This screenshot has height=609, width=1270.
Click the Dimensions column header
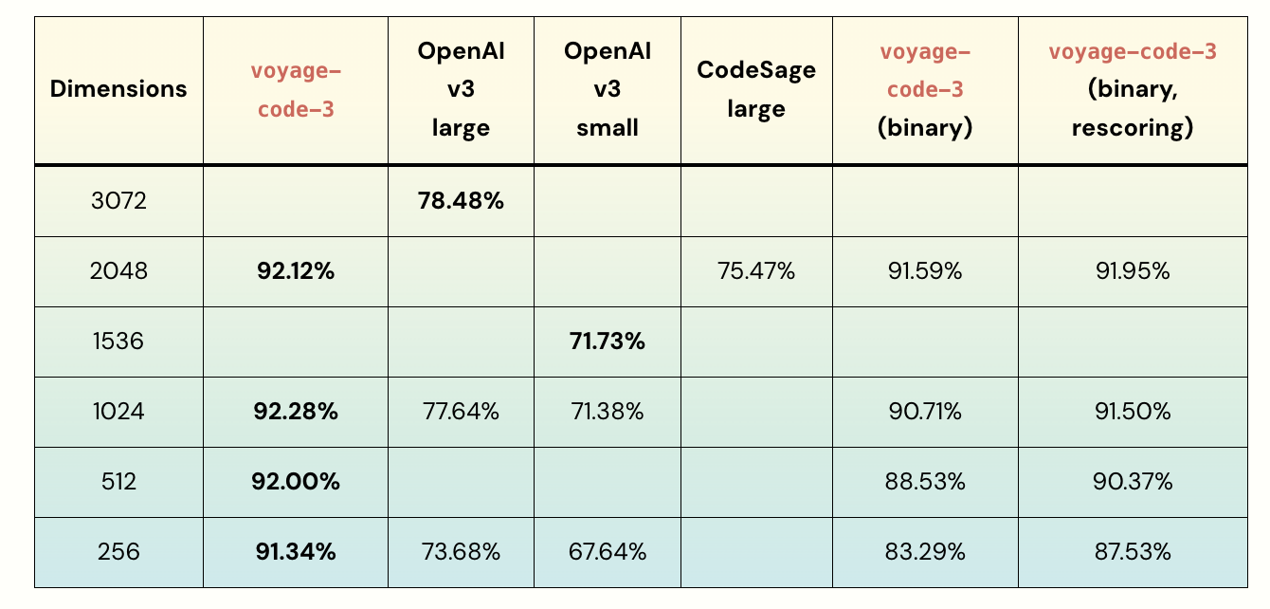[x=118, y=89]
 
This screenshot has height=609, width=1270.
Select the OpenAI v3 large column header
[x=461, y=89]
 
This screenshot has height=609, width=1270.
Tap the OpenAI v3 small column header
[x=608, y=89]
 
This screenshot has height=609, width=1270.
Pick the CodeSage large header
[x=756, y=89]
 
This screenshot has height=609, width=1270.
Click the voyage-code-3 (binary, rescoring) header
[x=1133, y=89]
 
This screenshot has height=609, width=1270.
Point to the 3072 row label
[x=118, y=201]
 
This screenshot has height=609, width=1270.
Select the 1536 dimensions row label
[x=118, y=341]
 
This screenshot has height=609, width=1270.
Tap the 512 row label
[x=118, y=482]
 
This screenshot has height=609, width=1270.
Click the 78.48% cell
[x=461, y=201]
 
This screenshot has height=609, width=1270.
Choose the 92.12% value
[x=296, y=271]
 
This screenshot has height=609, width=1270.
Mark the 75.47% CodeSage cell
[x=756, y=271]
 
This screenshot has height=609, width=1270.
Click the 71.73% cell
[x=608, y=341]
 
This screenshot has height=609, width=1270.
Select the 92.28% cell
[x=296, y=412]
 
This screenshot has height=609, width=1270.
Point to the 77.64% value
[x=461, y=412]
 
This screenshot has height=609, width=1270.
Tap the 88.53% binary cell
[x=925, y=482]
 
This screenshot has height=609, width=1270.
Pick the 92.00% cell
[x=296, y=482]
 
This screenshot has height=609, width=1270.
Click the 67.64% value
[x=608, y=552]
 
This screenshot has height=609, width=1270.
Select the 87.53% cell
[x=1133, y=552]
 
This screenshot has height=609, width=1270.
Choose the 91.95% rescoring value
[x=1133, y=271]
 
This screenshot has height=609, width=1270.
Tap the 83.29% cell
[x=925, y=552]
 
